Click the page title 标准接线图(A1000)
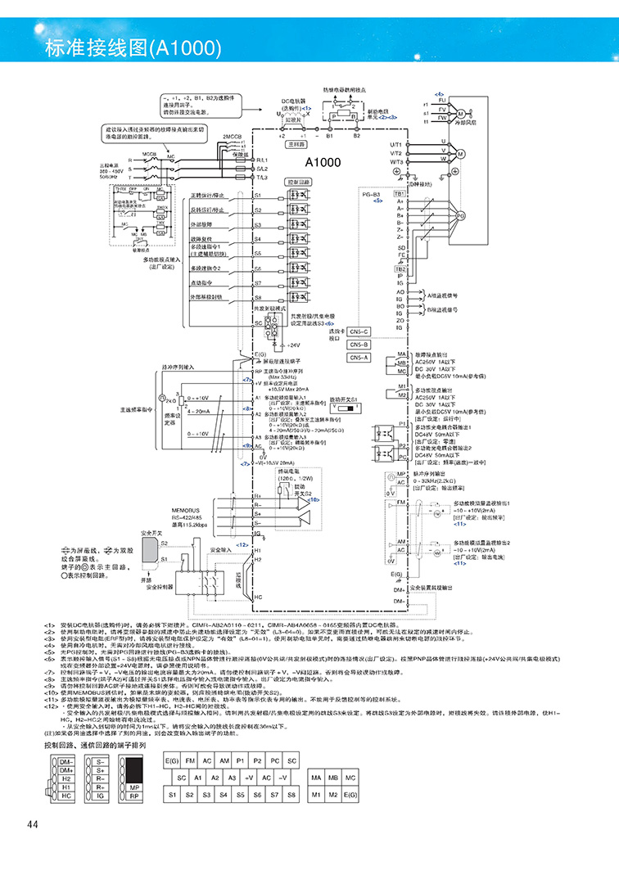click(x=111, y=47)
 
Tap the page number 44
click(x=33, y=823)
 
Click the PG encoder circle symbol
click(x=460, y=215)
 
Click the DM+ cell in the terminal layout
click(x=67, y=769)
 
